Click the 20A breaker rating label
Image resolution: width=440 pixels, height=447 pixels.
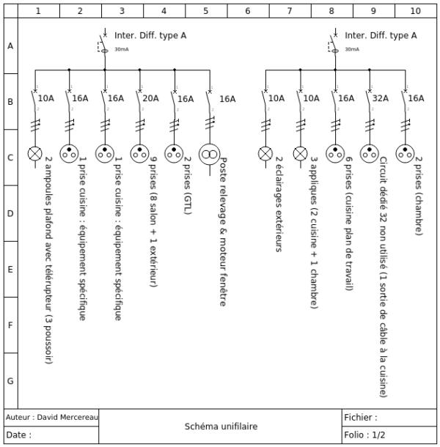150,98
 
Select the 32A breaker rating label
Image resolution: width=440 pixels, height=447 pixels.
381,98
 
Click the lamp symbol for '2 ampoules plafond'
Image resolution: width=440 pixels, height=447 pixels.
34,153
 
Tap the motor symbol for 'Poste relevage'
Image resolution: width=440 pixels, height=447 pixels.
210,153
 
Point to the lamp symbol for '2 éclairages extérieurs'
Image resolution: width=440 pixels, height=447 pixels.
265,153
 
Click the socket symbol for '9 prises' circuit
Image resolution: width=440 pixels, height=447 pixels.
139,153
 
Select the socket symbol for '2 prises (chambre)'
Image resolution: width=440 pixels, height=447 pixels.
405,153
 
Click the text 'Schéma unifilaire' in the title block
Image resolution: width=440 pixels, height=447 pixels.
221,426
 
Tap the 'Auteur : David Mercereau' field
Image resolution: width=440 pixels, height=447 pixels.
51,417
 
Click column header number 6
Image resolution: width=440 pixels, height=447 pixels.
248,11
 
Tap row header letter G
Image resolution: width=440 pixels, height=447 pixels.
10,381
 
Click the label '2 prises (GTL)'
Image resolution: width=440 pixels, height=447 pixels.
186,185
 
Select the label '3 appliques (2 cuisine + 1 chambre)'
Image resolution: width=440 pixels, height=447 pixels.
313,223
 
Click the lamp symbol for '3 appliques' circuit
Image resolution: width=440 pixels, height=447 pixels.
300,153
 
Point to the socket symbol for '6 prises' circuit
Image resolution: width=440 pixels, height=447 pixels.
335,153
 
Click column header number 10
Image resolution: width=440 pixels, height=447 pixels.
416,11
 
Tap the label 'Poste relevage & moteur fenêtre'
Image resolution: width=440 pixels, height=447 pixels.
222,232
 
